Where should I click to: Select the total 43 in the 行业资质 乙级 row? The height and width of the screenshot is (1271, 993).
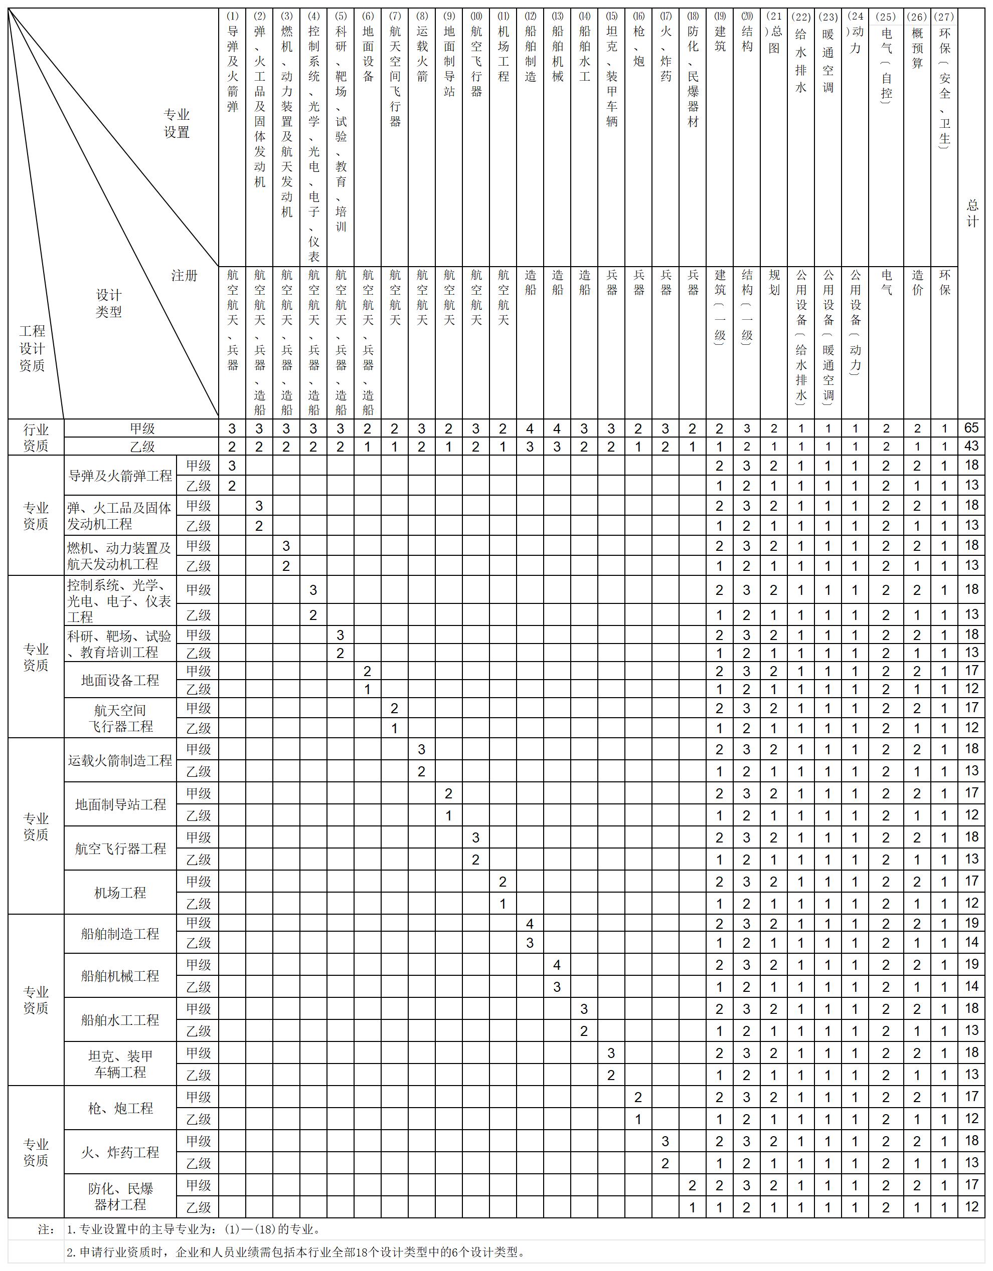(x=971, y=447)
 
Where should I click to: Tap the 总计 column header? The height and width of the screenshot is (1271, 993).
(x=972, y=213)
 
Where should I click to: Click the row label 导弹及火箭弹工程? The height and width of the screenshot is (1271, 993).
(x=120, y=476)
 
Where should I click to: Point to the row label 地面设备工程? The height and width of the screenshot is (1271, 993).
(x=120, y=680)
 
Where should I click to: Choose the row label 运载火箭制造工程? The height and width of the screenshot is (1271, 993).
(x=120, y=760)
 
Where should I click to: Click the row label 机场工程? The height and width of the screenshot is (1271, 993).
(x=120, y=892)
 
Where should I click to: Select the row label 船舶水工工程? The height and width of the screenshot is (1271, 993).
(x=120, y=1019)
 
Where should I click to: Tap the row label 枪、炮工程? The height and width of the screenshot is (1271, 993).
(x=120, y=1108)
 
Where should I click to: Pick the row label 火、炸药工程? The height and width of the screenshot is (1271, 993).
(x=120, y=1152)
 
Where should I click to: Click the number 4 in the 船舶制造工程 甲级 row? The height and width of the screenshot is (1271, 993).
(x=530, y=924)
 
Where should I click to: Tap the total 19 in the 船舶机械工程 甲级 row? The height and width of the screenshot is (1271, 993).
(x=971, y=964)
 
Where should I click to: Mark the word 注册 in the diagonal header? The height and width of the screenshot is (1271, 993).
(x=184, y=275)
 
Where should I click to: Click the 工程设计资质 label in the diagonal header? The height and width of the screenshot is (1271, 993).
(x=32, y=348)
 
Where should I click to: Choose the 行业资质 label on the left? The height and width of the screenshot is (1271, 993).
(x=36, y=438)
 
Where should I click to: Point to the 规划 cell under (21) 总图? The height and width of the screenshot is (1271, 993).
(x=774, y=282)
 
